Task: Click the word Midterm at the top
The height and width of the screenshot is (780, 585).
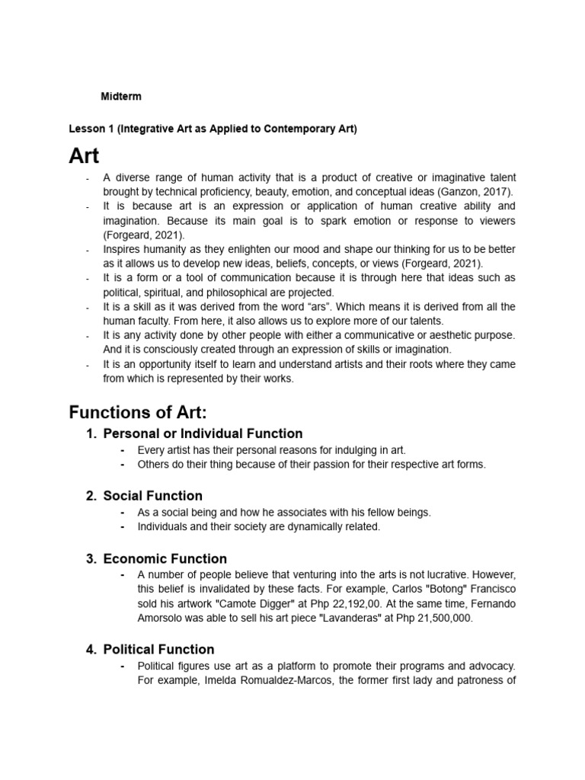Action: click(121, 97)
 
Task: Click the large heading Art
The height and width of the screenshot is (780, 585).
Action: click(84, 156)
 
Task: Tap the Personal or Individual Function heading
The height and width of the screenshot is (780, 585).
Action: click(203, 433)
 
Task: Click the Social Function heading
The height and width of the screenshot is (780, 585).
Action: click(152, 496)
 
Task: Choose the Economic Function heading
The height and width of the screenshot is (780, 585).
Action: click(165, 558)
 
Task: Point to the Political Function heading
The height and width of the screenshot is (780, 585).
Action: click(158, 649)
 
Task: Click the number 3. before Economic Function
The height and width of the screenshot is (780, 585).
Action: click(91, 558)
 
